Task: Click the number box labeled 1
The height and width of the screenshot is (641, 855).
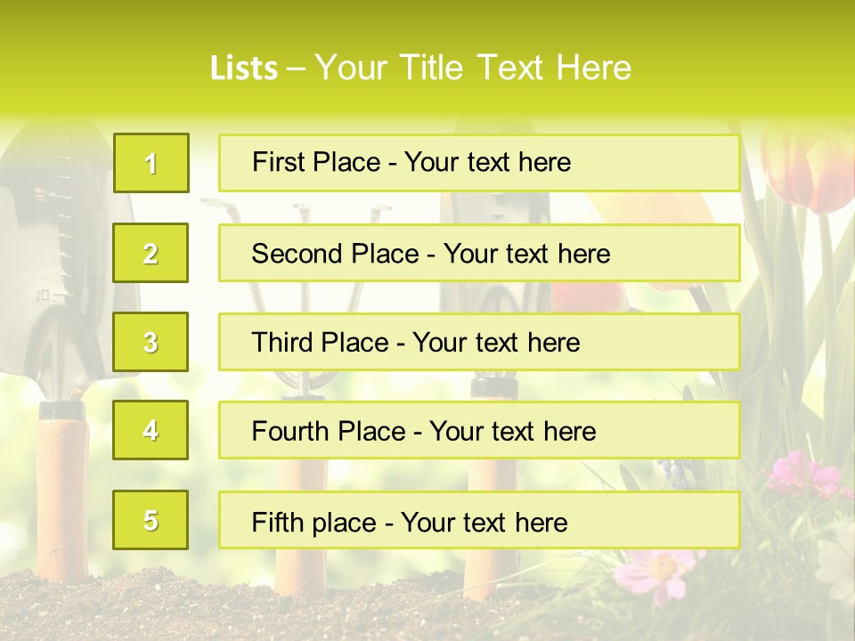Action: (x=151, y=163)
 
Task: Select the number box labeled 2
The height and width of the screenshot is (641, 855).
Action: (x=151, y=253)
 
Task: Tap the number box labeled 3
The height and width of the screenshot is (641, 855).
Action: (x=151, y=342)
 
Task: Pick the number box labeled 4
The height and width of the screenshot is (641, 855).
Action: (x=151, y=430)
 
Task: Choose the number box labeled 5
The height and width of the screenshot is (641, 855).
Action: (x=151, y=520)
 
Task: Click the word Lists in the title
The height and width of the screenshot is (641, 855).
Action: (x=244, y=69)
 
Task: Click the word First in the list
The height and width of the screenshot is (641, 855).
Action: (x=279, y=162)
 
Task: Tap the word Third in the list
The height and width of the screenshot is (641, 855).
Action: (x=283, y=343)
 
